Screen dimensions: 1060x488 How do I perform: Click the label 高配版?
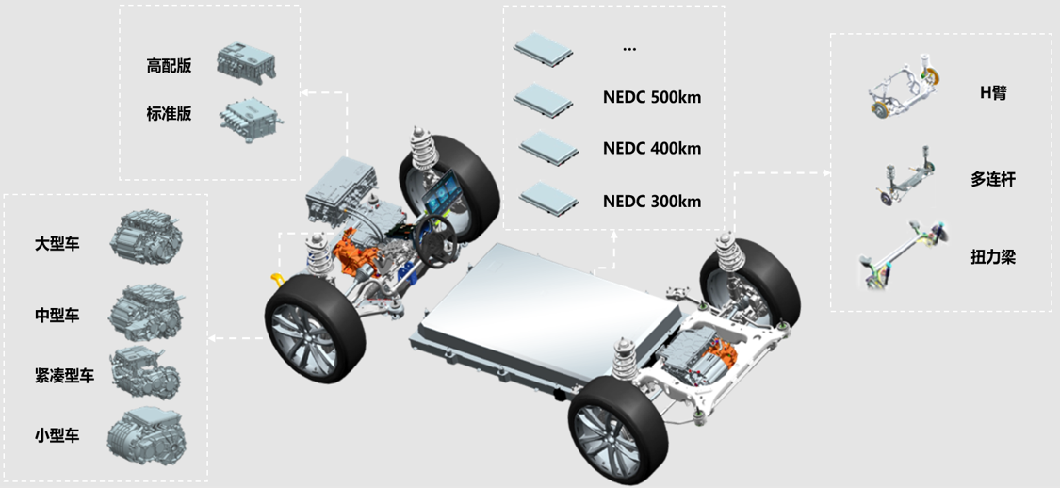click(169, 66)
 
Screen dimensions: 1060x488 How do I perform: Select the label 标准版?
click(169, 114)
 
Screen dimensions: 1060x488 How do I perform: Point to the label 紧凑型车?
click(65, 376)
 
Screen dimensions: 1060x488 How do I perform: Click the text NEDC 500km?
click(652, 97)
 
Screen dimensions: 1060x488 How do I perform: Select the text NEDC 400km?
click(652, 149)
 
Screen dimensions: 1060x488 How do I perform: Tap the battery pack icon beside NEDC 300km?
click(548, 199)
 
